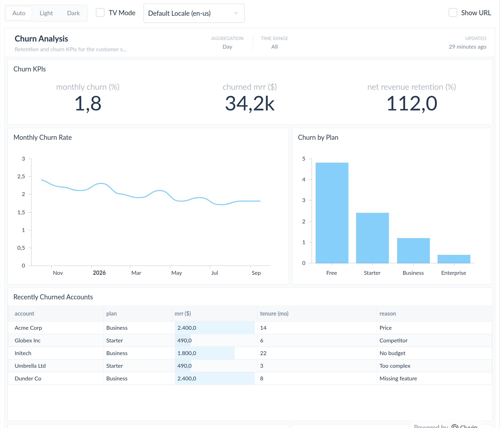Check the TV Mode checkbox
point(100,13)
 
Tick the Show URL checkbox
point(453,13)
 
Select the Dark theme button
point(73,13)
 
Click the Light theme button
point(46,13)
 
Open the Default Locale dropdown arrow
point(236,13)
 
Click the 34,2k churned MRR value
point(250,104)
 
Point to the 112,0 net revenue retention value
point(412,104)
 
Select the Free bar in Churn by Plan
point(332,213)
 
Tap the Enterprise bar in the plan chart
point(454,259)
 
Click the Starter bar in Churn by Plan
point(372,238)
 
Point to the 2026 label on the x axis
point(99,273)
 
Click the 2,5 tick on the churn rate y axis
point(21,177)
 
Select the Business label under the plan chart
point(413,273)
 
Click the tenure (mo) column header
point(274,314)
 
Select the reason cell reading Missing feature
point(398,378)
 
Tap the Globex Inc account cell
point(28,340)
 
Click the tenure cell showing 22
point(263,353)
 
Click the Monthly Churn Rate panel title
point(43,137)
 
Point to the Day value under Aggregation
point(227,47)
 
